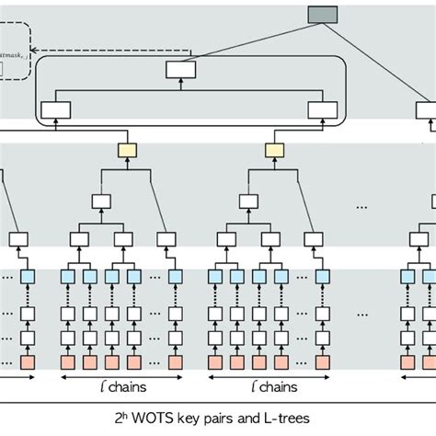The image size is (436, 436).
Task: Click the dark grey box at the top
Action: pyautogui.click(x=323, y=14)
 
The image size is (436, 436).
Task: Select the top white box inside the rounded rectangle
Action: pyautogui.click(x=180, y=69)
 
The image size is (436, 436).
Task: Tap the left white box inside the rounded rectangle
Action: pyautogui.click(x=56, y=110)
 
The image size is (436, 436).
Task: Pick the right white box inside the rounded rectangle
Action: pyautogui.click(x=322, y=110)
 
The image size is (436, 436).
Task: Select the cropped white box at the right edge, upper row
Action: pyautogui.click(x=426, y=110)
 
